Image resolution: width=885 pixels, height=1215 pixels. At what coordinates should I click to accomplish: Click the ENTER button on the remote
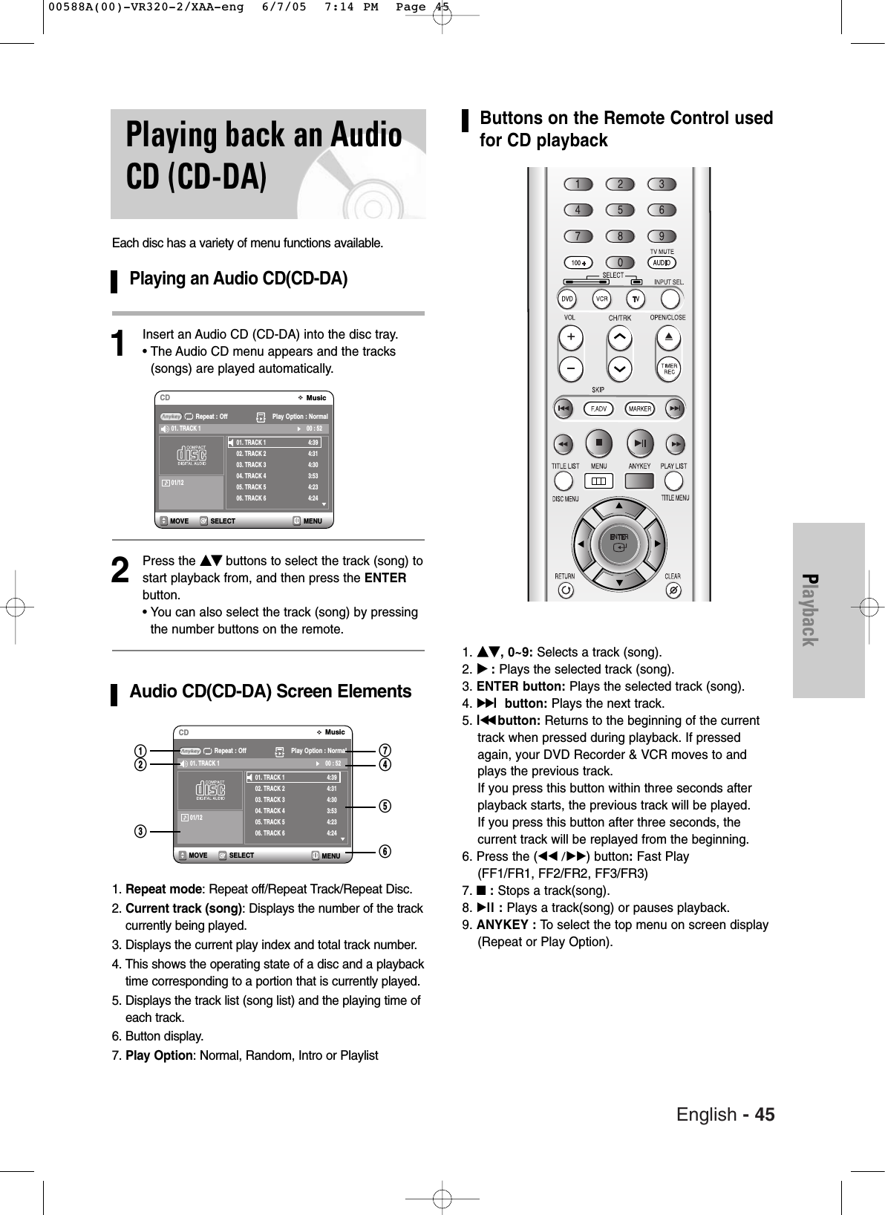[x=618, y=541]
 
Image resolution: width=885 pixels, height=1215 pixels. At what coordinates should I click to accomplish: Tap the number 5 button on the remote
[x=620, y=210]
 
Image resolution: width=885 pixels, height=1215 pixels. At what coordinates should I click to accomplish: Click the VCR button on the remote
[x=601, y=299]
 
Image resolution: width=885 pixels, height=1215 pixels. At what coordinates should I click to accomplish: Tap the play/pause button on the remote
[x=640, y=443]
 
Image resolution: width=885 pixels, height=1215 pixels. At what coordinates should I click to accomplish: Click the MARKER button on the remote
[x=640, y=408]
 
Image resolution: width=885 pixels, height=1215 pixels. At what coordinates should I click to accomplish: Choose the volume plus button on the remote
[x=571, y=339]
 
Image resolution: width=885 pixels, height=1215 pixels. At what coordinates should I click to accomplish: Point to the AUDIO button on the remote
[x=661, y=262]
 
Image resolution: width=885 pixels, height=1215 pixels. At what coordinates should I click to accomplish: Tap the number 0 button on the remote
[x=620, y=262]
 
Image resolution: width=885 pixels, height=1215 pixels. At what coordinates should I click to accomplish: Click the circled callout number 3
[x=139, y=830]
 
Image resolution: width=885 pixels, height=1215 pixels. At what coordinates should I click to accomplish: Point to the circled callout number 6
[x=385, y=851]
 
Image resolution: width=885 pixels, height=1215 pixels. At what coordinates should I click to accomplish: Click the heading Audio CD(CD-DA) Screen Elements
[x=270, y=691]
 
